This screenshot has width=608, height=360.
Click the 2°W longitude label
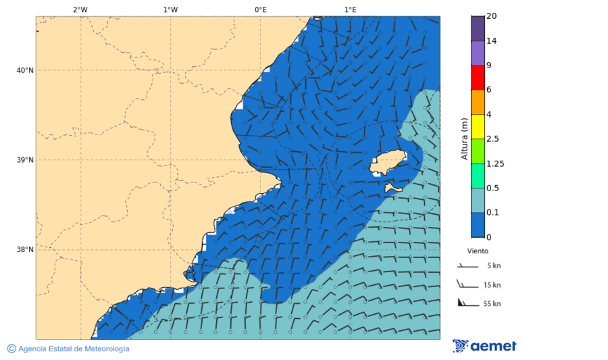(x=80, y=9)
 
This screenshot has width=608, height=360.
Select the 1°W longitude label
(x=170, y=9)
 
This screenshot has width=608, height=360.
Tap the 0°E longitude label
(x=260, y=9)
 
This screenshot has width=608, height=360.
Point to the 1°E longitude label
(x=350, y=9)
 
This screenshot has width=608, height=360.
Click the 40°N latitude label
(x=25, y=70)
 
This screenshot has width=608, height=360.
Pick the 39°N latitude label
(x=25, y=160)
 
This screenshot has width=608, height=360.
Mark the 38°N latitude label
(x=25, y=249)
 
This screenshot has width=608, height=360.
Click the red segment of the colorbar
(x=478, y=78)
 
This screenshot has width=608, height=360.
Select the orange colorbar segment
(x=478, y=102)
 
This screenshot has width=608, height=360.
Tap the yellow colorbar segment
(x=478, y=126)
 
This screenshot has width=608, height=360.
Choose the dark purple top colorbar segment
(x=478, y=28)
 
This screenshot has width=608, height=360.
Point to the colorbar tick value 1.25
(x=495, y=163)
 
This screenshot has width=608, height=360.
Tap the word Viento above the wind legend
(x=478, y=251)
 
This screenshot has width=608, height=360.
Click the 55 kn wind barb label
(x=492, y=304)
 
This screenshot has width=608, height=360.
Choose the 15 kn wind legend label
(x=492, y=285)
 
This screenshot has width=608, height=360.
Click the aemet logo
(x=484, y=346)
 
